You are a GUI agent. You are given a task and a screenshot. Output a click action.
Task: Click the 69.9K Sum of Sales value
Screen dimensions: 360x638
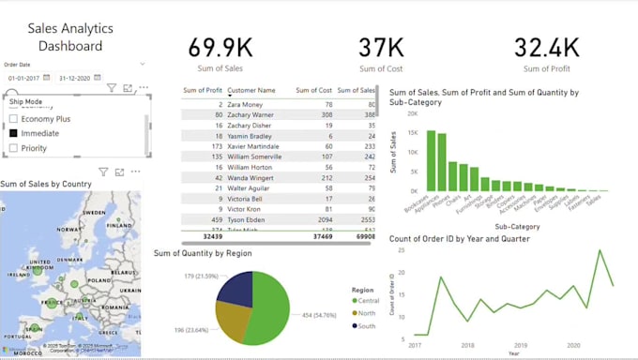(220, 47)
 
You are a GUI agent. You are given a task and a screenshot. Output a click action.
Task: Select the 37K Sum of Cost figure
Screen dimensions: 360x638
(381, 47)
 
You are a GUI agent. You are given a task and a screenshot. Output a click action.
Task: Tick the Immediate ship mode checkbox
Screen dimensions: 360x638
(14, 133)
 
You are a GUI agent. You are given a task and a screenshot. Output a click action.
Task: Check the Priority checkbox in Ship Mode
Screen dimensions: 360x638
(14, 148)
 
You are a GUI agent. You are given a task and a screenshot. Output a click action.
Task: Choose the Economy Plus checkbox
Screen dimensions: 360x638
(14, 119)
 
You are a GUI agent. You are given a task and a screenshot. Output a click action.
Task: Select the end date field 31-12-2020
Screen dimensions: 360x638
(79, 78)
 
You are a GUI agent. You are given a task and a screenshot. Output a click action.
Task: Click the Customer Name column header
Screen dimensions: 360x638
(251, 90)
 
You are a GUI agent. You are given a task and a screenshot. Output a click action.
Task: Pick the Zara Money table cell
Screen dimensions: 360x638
(245, 104)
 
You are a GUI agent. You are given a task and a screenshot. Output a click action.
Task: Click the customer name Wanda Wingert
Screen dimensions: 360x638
(251, 177)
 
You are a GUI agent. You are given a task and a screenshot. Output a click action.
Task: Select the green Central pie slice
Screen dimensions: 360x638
(272, 300)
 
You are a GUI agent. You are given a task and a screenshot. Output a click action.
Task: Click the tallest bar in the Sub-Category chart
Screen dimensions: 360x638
(431, 160)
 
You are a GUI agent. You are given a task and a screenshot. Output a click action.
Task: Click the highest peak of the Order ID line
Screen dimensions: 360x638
(600, 250)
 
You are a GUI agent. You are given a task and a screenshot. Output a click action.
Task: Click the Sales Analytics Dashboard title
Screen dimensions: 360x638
(65, 37)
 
